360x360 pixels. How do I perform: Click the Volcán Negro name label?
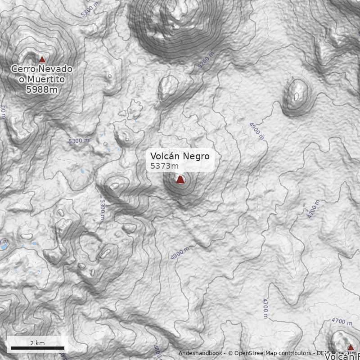pyautogui.click(x=180, y=156)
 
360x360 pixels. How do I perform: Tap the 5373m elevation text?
pyautogui.click(x=164, y=166)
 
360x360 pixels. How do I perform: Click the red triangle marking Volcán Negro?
pyautogui.click(x=180, y=180)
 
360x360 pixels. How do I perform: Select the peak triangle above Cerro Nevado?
pyautogui.click(x=42, y=59)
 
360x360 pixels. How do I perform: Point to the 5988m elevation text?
pyautogui.click(x=42, y=90)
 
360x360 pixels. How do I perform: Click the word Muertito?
pyautogui.click(x=45, y=80)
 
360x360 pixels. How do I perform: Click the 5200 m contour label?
pyautogui.click(x=207, y=60)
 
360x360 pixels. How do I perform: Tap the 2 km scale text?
pyautogui.click(x=37, y=343)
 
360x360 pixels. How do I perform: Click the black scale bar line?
pyautogui.click(x=37, y=348)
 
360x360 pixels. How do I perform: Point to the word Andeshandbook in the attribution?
pyautogui.click(x=200, y=354)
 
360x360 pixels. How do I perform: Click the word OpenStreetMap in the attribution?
pyautogui.click(x=257, y=354)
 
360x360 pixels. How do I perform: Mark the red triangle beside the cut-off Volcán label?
pyautogui.click(x=351, y=347)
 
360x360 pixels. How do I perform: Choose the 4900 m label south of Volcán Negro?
pyautogui.click(x=180, y=253)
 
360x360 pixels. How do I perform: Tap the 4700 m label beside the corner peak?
pyautogui.click(x=342, y=322)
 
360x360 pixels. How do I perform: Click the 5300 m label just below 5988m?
pyautogui.click(x=79, y=141)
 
